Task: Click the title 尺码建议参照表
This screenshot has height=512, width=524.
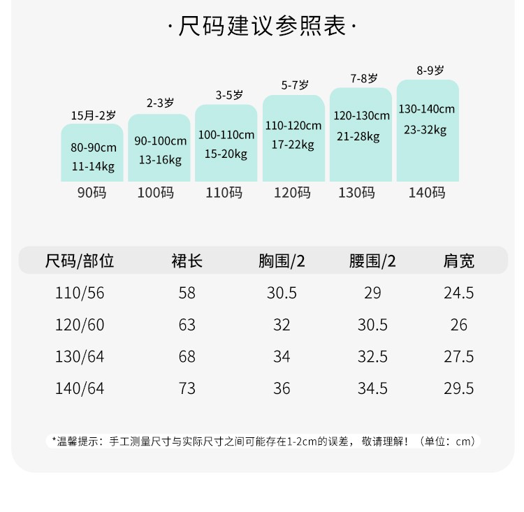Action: (262, 28)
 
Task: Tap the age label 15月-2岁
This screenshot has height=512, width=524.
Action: (93, 115)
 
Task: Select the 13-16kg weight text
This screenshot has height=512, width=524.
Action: (160, 160)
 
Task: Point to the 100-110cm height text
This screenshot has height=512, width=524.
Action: (226, 134)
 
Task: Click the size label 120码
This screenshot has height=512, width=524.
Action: (293, 193)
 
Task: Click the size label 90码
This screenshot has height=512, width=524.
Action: (92, 193)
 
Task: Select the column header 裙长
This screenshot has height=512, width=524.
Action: (187, 261)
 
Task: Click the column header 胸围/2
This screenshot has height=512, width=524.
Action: (282, 261)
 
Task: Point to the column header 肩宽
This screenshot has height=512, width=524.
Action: (458, 261)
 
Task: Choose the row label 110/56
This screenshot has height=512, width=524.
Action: (80, 293)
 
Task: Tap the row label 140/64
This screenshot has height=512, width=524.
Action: (80, 388)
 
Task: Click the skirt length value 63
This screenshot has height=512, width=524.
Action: (187, 325)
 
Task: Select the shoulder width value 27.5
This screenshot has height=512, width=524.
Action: (458, 356)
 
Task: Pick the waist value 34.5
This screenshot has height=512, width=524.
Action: (372, 388)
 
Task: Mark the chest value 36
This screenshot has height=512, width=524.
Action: (282, 388)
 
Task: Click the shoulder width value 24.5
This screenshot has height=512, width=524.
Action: (458, 293)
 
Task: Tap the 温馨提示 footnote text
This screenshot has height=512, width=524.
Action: (263, 441)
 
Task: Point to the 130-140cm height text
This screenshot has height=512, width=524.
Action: (426, 109)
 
